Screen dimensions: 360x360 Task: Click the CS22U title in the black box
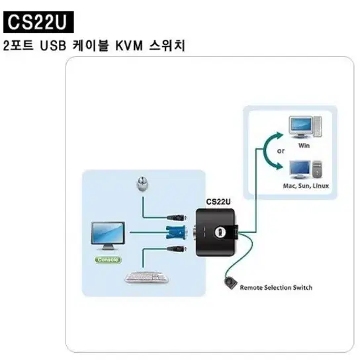click(x=38, y=22)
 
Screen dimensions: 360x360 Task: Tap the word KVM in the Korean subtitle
click(x=129, y=46)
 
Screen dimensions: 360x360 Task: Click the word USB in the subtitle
click(x=53, y=46)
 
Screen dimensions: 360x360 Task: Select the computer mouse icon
click(x=142, y=184)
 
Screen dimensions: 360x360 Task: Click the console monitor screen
click(x=108, y=233)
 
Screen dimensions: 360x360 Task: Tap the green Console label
click(x=108, y=259)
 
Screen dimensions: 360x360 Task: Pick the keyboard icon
click(x=147, y=277)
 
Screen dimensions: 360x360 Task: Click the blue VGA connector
click(x=176, y=232)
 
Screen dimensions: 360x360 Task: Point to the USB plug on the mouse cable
click(x=176, y=218)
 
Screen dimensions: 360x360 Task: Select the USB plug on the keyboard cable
click(x=176, y=248)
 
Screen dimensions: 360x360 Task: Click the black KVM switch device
click(x=216, y=232)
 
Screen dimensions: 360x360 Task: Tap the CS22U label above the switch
click(x=218, y=202)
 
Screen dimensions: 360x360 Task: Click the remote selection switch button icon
click(x=230, y=283)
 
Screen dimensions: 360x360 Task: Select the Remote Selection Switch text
click(x=276, y=288)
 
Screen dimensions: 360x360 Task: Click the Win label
click(x=304, y=146)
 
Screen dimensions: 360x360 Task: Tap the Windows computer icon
click(x=305, y=127)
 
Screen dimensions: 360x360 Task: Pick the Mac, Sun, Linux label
click(x=306, y=186)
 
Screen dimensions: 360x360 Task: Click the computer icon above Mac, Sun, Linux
click(x=306, y=169)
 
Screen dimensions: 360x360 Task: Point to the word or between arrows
click(x=281, y=151)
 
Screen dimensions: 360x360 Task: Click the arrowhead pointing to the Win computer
click(x=280, y=136)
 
